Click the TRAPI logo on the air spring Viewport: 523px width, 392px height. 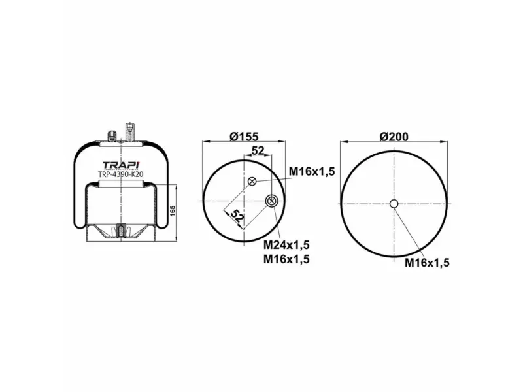click(121, 165)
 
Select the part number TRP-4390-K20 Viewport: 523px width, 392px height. click(121, 174)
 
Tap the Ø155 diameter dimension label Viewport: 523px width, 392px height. click(244, 137)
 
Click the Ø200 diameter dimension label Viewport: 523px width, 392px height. click(394, 137)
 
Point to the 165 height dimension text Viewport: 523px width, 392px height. click(173, 210)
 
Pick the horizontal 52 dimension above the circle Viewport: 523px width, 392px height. click(258, 150)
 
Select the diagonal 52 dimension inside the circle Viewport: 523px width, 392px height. click(237, 216)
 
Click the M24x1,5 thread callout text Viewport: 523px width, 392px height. click(286, 245)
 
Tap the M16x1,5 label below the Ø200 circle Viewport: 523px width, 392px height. click(428, 263)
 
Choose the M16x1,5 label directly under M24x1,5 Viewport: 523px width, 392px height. click(286, 259)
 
